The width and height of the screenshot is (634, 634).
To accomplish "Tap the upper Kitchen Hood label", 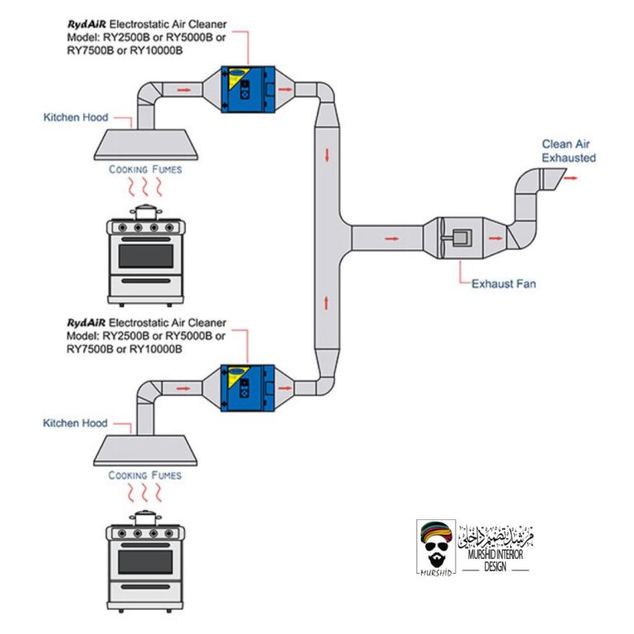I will pyautogui.click(x=75, y=118).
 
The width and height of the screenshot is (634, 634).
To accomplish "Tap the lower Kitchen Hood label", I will pyautogui.click(x=75, y=423).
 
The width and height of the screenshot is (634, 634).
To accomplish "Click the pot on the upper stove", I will pyautogui.click(x=146, y=213).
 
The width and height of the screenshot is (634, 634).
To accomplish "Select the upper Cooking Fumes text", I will pyautogui.click(x=145, y=169).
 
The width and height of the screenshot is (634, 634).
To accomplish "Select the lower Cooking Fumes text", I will pyautogui.click(x=145, y=475).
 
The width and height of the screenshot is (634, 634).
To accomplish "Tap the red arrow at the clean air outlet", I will pyautogui.click(x=571, y=175).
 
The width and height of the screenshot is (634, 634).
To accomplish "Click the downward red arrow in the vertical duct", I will pyautogui.click(x=329, y=154).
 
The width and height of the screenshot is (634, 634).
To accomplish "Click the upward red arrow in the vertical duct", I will pyautogui.click(x=329, y=300).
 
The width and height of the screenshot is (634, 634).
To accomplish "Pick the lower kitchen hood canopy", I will pyautogui.click(x=145, y=450).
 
